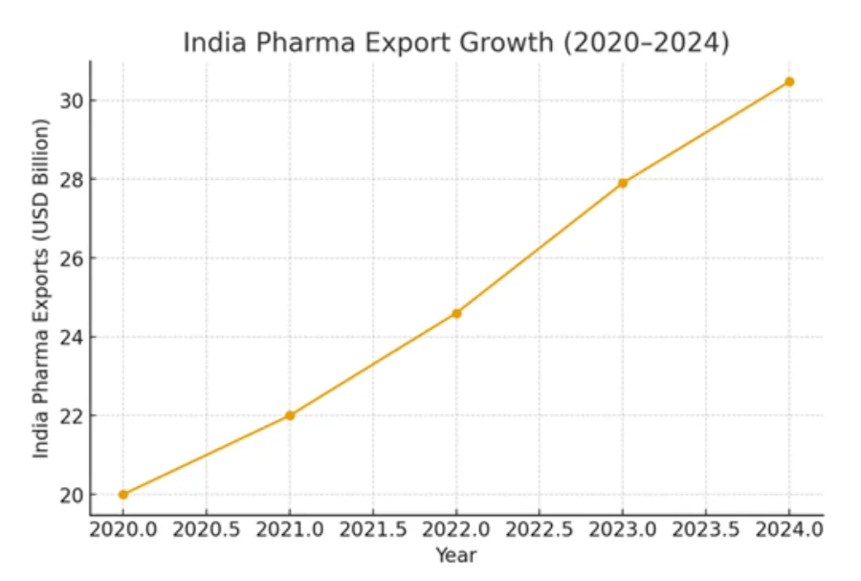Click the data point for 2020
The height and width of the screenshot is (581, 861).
[x=122, y=495]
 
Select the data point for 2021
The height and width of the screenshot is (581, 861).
[x=289, y=415]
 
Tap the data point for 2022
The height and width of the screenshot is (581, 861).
[x=456, y=313]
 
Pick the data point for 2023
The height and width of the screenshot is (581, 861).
[x=623, y=183]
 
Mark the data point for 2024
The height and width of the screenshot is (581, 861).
[x=789, y=81]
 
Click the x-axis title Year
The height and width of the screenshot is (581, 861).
[x=455, y=556]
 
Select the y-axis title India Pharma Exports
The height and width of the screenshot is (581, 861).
[x=40, y=288]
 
